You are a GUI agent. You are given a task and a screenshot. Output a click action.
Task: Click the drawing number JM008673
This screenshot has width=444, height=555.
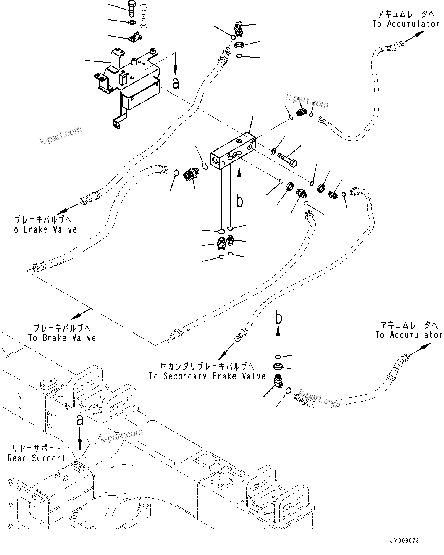(x=404, y=541)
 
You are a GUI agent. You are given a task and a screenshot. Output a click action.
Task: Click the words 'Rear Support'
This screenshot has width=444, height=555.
(x=37, y=458)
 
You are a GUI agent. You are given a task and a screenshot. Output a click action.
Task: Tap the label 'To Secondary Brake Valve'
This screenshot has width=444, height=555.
(x=207, y=376)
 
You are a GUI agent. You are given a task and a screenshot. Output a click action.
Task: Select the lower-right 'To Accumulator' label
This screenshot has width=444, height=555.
(x=408, y=335)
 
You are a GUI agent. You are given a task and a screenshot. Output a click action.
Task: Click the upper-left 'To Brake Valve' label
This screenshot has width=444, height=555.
(x=43, y=230)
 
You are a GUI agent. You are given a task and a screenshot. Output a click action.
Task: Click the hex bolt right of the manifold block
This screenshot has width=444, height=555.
(x=288, y=159)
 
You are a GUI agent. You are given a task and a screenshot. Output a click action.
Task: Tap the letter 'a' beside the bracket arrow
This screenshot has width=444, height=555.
(x=176, y=82)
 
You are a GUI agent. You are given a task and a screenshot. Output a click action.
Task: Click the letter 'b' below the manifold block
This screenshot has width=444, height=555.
(x=239, y=201)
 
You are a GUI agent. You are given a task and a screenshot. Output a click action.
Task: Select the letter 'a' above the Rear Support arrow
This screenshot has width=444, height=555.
(x=79, y=420)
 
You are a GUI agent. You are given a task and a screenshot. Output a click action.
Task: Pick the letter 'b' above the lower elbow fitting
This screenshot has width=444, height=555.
(x=279, y=318)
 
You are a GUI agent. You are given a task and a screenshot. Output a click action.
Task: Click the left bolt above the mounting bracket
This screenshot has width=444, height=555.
(x=131, y=8)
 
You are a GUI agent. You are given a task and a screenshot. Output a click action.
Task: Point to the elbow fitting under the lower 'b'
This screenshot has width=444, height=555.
(x=278, y=381)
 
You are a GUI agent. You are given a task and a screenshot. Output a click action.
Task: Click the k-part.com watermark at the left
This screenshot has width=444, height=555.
(x=61, y=136)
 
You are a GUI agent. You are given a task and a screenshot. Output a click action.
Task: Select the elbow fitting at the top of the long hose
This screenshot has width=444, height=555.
(x=237, y=28)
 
